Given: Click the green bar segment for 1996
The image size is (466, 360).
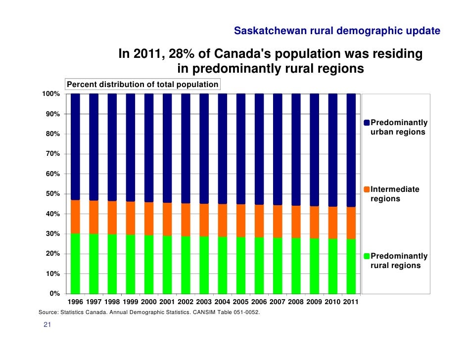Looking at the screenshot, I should [75, 263].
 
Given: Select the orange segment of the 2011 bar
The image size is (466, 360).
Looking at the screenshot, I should [351, 223].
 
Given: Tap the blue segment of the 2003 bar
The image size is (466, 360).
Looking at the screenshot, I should [204, 148].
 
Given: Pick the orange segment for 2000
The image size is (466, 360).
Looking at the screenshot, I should [149, 219].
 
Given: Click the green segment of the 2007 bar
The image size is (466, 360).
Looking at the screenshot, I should [278, 266].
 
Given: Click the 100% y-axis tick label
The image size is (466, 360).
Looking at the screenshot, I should [51, 94].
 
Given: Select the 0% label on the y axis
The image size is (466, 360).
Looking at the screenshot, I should [55, 294].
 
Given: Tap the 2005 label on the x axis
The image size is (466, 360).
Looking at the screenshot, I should [240, 302].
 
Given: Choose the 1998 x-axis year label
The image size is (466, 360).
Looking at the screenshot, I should [112, 302].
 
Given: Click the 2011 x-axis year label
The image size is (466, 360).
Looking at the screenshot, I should [351, 302].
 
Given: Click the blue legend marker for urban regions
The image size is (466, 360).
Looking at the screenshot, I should [367, 123].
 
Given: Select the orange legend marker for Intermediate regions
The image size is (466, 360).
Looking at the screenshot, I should [367, 189].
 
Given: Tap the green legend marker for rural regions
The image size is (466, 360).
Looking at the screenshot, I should [367, 256].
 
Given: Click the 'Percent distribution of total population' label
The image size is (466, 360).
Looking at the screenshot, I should [142, 85].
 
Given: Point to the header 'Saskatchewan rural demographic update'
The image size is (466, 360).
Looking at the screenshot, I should [337, 32].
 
